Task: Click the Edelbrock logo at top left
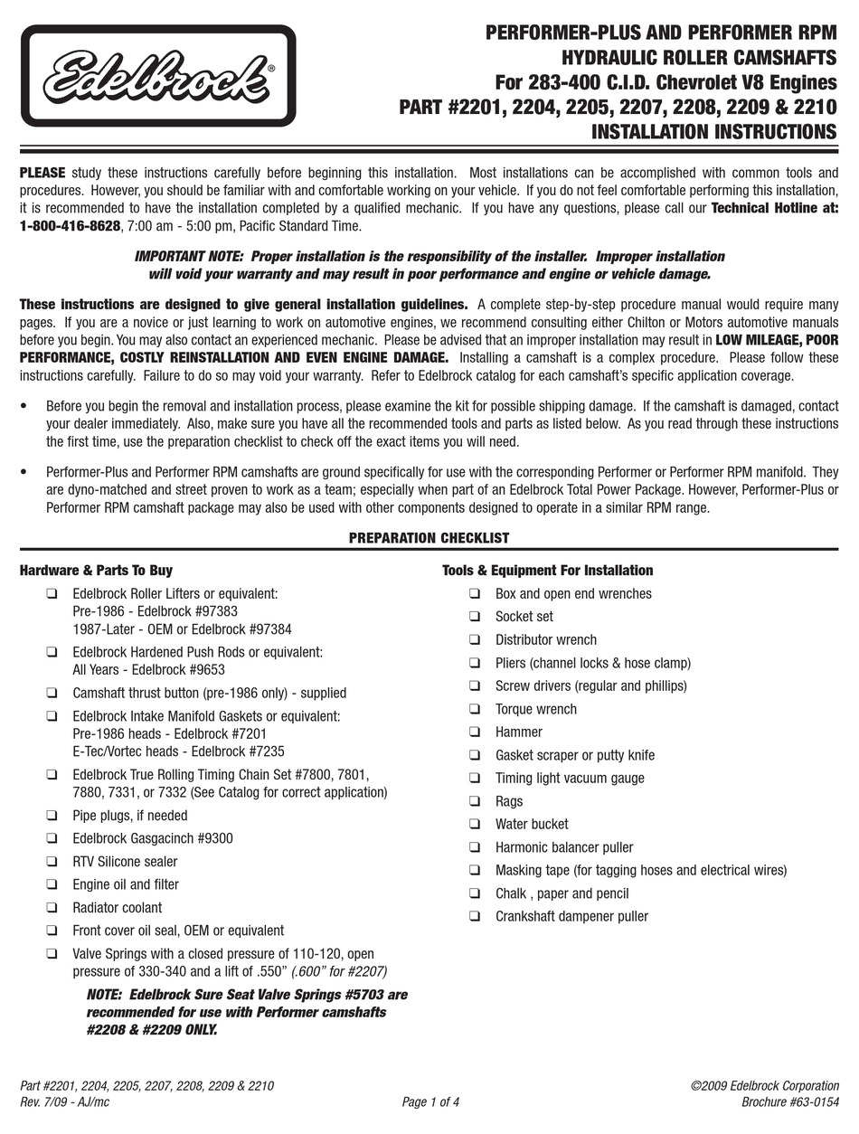158,76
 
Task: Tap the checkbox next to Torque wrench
475,709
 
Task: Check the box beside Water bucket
475,824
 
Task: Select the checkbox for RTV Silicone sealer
52,862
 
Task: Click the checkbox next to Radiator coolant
52,908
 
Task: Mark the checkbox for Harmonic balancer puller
475,847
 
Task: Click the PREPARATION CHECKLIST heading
429,538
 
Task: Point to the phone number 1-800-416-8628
70,226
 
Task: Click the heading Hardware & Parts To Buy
96,571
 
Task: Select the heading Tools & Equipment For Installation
547,571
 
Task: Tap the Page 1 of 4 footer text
430,1101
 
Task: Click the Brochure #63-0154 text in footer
789,1101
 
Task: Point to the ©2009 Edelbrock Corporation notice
764,1085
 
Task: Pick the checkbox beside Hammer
475,732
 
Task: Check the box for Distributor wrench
475,639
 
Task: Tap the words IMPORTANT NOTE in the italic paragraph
189,257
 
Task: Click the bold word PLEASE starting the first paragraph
42,172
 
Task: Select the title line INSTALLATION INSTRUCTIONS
713,132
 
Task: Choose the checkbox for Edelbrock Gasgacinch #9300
52,838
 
